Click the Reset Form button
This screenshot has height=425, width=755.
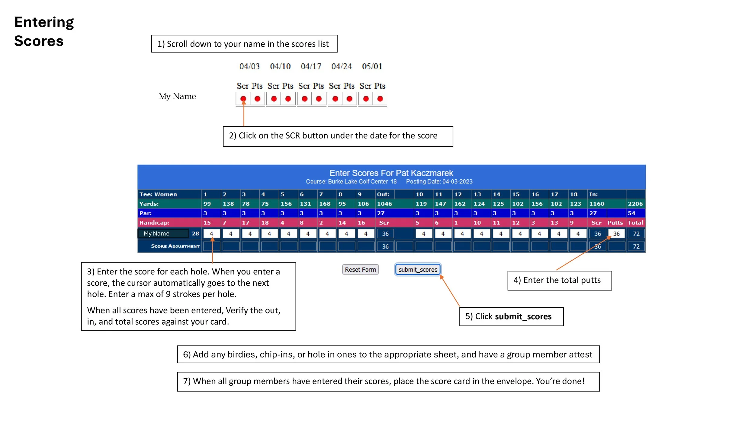(360, 269)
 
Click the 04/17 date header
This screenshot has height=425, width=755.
(311, 66)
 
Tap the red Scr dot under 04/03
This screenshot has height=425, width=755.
(243, 99)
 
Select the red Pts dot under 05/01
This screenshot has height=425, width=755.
(380, 99)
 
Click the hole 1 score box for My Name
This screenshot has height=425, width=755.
(211, 234)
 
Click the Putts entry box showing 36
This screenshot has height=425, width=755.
(616, 234)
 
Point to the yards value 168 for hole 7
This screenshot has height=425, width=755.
(325, 204)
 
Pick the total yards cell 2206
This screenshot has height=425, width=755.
(635, 204)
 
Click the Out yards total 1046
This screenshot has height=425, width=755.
(384, 204)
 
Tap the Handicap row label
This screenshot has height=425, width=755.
(154, 223)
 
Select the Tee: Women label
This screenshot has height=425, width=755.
(158, 194)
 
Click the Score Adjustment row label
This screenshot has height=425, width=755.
(175, 246)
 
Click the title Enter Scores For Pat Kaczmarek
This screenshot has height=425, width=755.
(391, 173)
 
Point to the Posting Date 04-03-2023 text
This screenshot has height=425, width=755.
(439, 181)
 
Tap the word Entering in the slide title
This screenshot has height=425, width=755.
(44, 22)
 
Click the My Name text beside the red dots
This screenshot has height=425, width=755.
(177, 96)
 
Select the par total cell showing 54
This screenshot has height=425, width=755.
(631, 213)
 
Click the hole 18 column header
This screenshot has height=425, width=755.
(573, 194)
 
